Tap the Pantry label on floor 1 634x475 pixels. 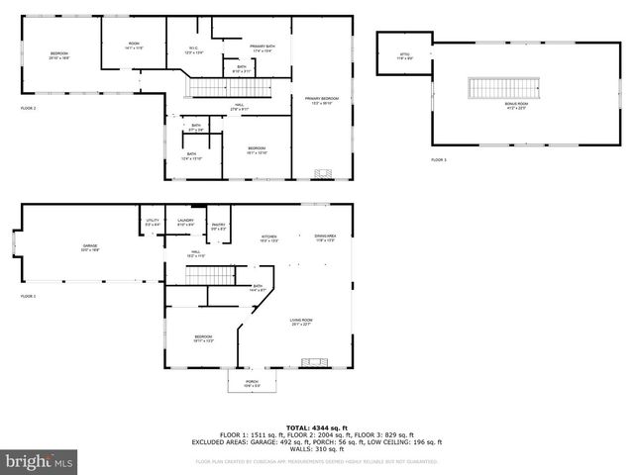(x=218, y=227)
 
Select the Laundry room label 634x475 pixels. (x=185, y=222)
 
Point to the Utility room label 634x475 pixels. (x=153, y=222)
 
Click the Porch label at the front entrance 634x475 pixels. (x=252, y=383)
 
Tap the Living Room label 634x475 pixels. (x=301, y=322)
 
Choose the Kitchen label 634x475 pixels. (x=268, y=238)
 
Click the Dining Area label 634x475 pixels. (x=325, y=238)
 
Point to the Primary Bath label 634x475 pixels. (x=263, y=48)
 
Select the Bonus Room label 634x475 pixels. (x=517, y=107)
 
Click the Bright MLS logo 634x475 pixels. (x=40, y=461)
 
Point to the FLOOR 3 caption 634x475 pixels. (x=438, y=159)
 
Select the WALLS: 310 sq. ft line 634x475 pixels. (x=316, y=450)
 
